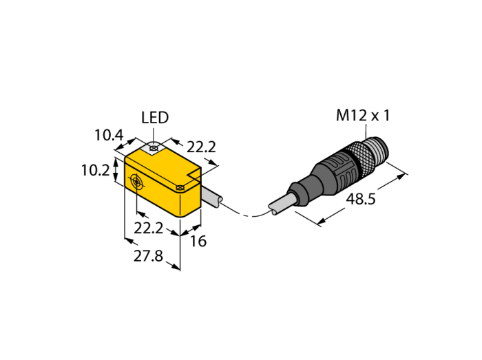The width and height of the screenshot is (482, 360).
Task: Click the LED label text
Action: click(155, 118)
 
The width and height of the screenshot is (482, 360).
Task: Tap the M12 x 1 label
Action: click(363, 116)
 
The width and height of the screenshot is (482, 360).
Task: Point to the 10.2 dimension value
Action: click(95, 170)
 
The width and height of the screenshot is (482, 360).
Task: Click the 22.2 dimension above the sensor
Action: click(202, 147)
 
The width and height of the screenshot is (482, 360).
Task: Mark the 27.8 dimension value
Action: click(147, 256)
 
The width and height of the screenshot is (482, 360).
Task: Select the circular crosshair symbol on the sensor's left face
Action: click(136, 182)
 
